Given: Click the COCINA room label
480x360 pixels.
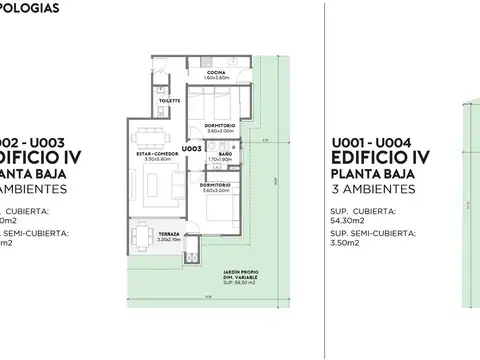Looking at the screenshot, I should point(217,72).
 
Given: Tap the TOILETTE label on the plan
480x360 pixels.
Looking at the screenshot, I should point(168,100).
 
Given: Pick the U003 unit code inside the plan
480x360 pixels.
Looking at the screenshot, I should point(192,149).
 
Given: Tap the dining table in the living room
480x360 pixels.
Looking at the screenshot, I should point(152,133).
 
